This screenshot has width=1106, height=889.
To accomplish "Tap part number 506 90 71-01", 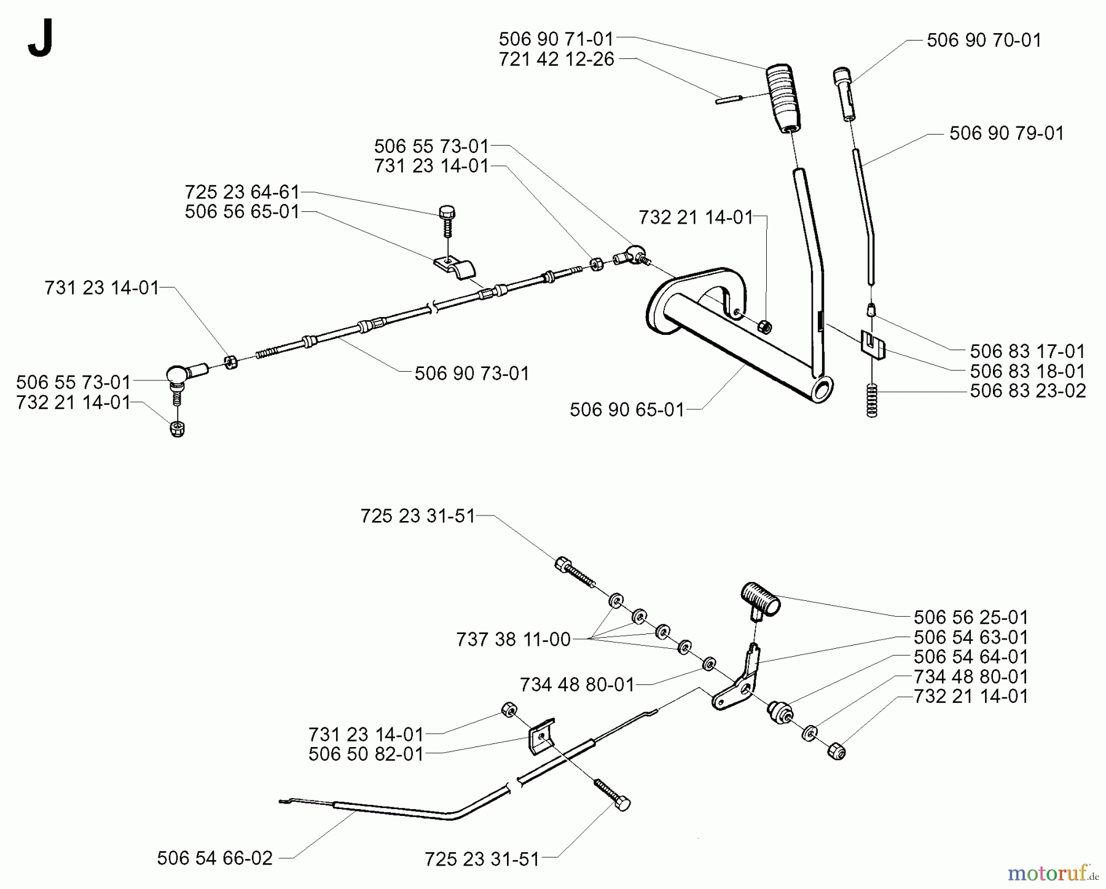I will click(x=555, y=39).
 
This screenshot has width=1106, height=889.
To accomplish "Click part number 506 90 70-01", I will click(x=984, y=41).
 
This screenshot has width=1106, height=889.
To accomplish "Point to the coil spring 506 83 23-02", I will click(x=871, y=400).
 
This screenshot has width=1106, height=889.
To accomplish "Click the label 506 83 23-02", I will click(x=1027, y=391).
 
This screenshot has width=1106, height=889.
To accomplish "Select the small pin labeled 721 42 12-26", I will click(x=729, y=99).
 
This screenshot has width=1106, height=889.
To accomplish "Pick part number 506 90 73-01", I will click(x=471, y=374).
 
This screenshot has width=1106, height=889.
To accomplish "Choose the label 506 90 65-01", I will click(x=627, y=410).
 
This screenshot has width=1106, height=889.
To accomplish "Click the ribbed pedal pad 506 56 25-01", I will click(x=759, y=598).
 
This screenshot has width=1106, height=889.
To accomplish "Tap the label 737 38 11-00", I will click(x=513, y=640).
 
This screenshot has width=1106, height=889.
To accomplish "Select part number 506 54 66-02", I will click(x=214, y=858).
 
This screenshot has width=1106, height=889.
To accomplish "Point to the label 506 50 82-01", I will click(x=366, y=754).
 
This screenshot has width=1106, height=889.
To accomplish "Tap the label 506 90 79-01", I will click(x=1006, y=133).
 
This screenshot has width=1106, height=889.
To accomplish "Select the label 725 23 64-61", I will click(x=241, y=192).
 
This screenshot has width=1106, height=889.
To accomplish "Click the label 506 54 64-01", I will click(x=970, y=657).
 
